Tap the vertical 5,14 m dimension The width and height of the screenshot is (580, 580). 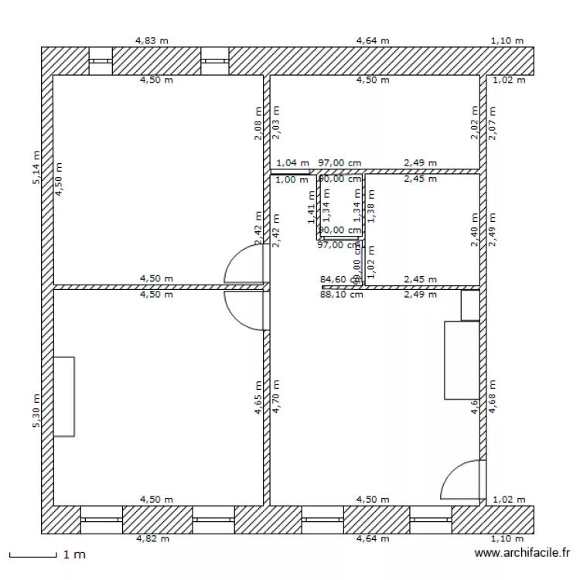(x=36, y=168)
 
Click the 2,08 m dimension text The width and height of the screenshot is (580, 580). (x=258, y=124)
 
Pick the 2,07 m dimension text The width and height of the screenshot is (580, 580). (x=492, y=123)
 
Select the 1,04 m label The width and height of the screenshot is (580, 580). (x=292, y=163)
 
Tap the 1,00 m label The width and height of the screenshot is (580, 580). (x=291, y=179)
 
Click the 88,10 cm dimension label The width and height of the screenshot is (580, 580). (x=341, y=294)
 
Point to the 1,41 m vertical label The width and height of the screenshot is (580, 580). (x=311, y=208)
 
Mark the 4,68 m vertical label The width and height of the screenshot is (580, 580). (x=492, y=397)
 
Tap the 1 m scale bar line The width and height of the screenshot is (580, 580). (x=32, y=556)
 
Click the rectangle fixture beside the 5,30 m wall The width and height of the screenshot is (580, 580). (x=64, y=397)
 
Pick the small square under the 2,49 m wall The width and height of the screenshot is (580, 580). (x=469, y=305)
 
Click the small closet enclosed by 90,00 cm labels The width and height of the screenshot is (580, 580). (x=341, y=205)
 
